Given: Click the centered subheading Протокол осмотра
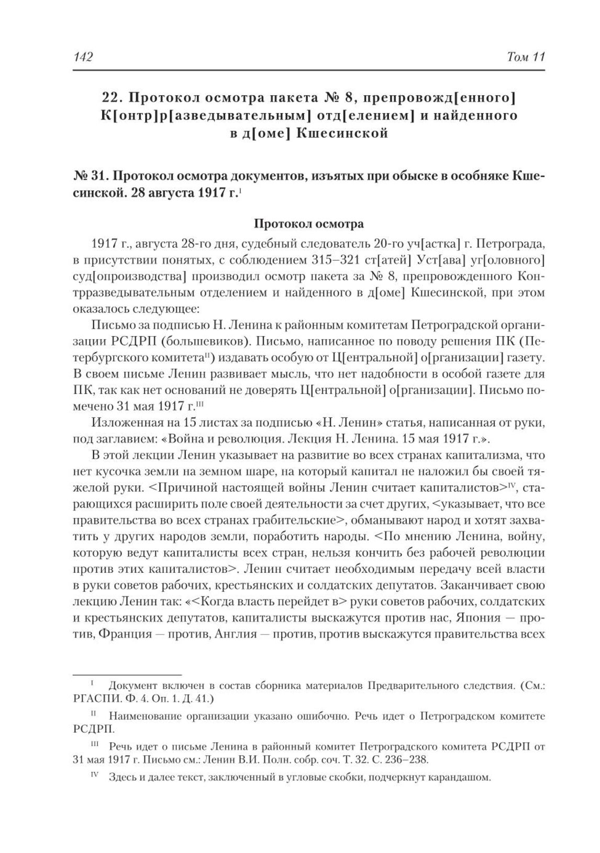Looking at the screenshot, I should pos(308,224).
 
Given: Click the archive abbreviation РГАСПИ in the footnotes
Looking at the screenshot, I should pos(94,698).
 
